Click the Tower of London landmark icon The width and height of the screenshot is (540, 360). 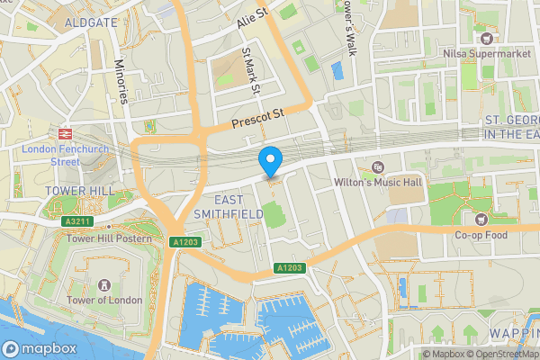click(x=109, y=284)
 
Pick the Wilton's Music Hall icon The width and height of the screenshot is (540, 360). click(x=378, y=166)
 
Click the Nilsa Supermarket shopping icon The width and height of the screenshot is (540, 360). click(x=487, y=38)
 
